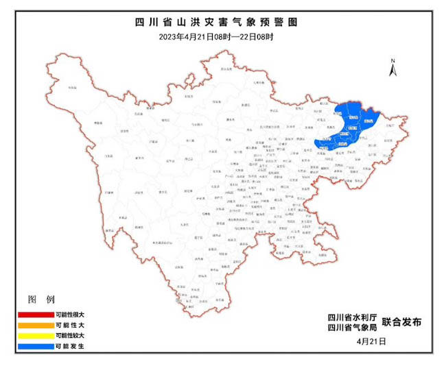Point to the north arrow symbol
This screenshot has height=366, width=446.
(392, 71)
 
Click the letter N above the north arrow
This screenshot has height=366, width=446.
(392, 61)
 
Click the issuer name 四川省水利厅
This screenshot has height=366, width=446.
(350, 317)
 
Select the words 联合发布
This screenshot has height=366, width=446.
(401, 321)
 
